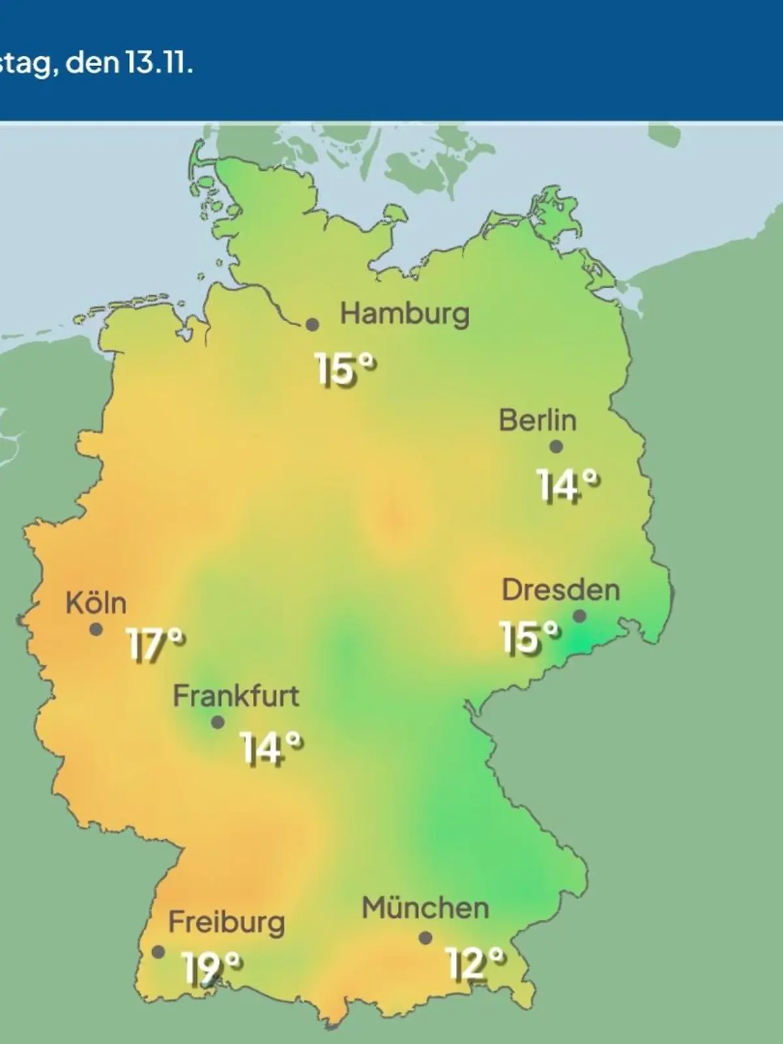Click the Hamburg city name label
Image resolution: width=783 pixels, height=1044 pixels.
coord(405,315)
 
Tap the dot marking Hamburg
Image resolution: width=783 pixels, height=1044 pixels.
coord(313,324)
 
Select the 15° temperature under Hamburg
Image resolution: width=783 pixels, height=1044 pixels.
coord(346,369)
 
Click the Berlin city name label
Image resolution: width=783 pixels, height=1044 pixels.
coord(538,420)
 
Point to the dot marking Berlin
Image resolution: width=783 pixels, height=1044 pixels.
coord(556,447)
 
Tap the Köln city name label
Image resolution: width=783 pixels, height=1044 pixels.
coord(96,604)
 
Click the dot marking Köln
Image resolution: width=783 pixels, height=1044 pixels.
coord(96,630)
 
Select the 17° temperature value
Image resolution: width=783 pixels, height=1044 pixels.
coord(155,645)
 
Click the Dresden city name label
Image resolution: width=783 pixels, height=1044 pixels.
coord(560,591)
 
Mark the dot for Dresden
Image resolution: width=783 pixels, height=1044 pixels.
coord(579,616)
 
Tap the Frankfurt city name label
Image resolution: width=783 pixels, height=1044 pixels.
coord(236,696)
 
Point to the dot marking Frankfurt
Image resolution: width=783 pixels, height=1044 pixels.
coord(218,722)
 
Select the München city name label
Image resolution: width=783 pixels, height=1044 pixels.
coord(425,908)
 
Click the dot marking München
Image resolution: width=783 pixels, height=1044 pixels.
coord(425,938)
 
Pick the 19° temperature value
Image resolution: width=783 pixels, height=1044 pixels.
coord(211,968)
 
